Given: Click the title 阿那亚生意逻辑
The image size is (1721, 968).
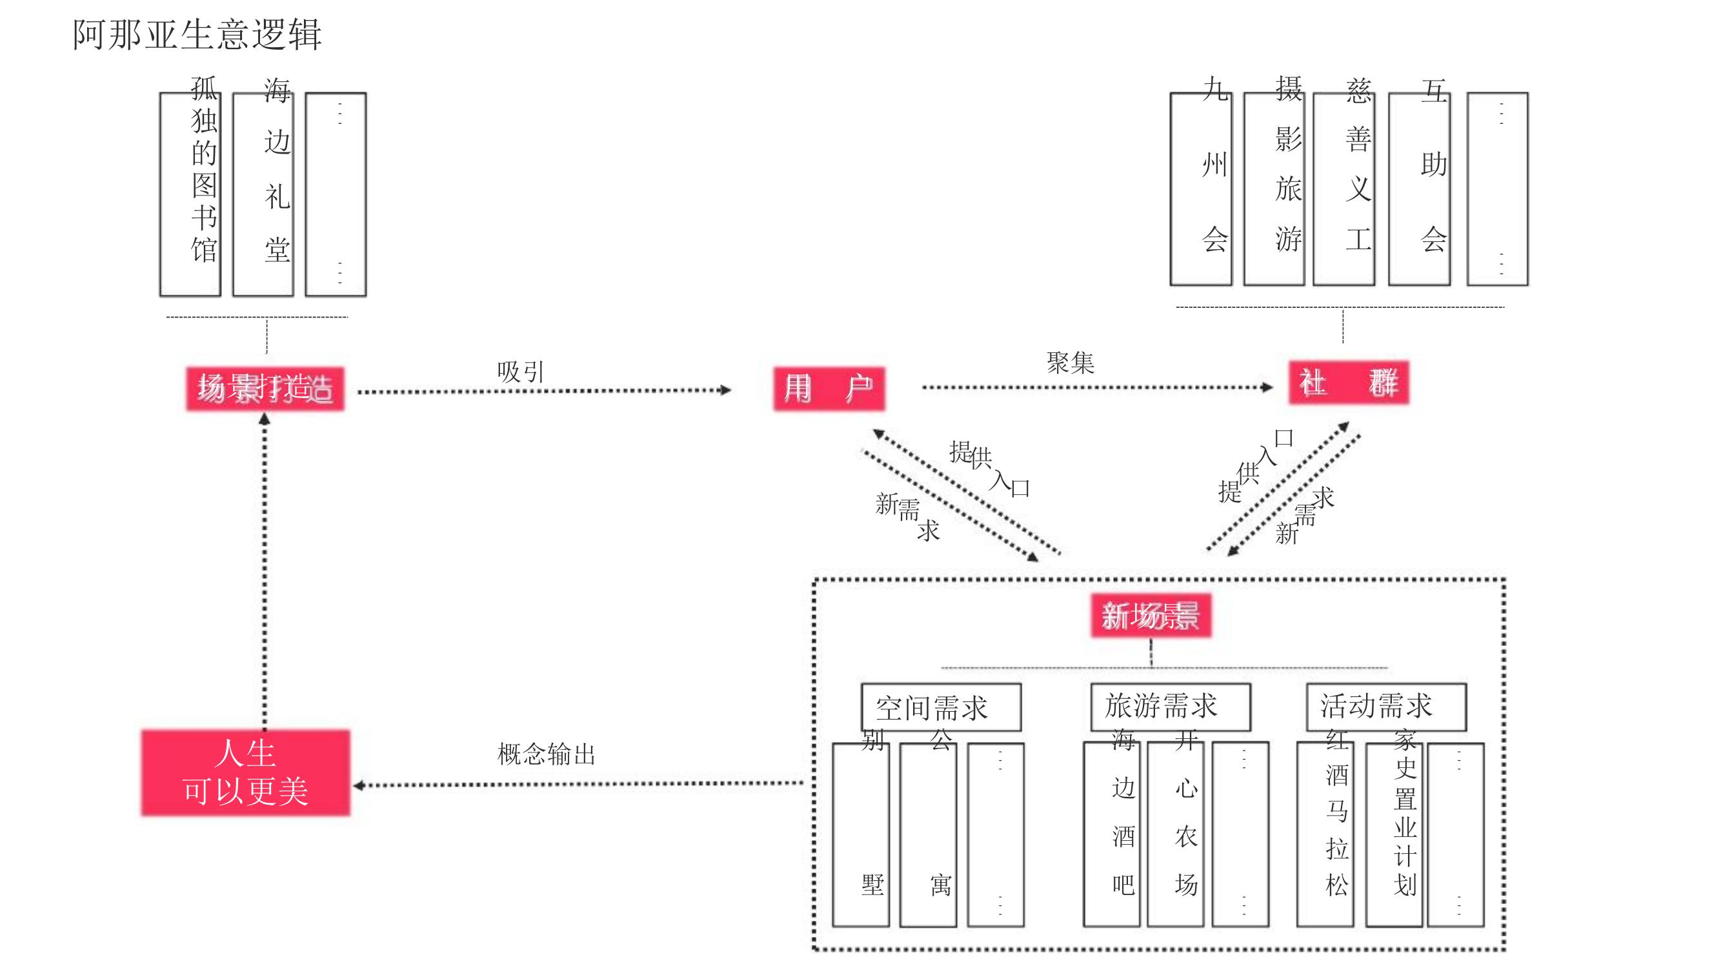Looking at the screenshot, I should (197, 35).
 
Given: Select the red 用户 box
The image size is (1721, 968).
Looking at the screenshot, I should (829, 388).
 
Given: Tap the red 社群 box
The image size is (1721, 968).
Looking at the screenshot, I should (1348, 383).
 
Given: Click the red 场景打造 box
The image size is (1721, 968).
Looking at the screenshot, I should (265, 388).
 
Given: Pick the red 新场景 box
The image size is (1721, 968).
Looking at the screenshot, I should (1151, 615).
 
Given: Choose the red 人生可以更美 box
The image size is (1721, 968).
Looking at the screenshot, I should (245, 773).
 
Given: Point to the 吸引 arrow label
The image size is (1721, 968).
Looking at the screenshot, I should (521, 372).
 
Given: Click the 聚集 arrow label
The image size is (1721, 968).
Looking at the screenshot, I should (1071, 363).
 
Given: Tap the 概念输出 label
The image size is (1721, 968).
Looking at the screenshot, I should (546, 754).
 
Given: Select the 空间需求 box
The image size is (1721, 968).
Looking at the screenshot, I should (941, 707).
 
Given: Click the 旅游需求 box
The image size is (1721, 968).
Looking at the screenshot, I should (1170, 706).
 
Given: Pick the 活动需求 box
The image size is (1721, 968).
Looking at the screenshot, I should (1385, 706).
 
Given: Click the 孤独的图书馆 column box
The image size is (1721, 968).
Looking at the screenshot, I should (190, 194).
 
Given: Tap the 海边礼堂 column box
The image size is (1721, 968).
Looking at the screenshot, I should (263, 194).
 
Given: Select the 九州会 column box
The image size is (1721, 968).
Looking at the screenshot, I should (1200, 189).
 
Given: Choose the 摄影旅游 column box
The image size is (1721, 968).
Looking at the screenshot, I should (1274, 189).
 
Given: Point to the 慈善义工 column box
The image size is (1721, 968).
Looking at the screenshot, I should (1344, 189).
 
